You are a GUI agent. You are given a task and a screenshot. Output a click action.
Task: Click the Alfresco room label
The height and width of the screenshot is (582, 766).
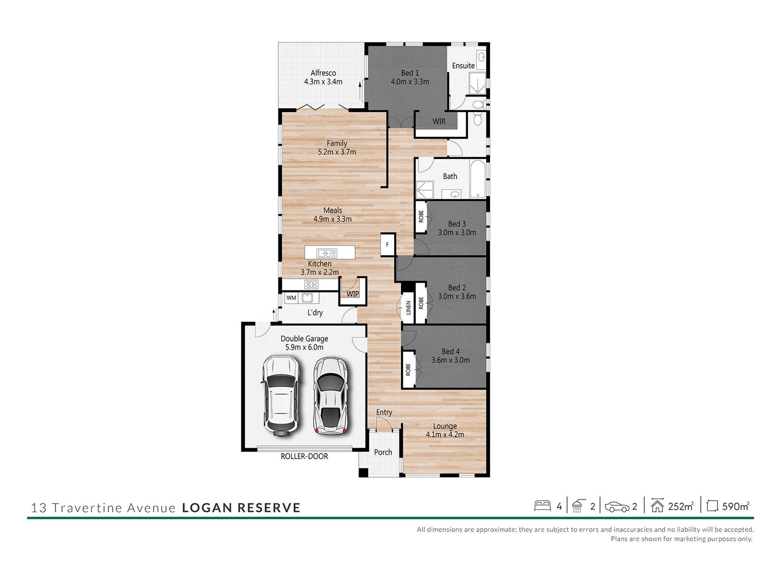click(323, 73)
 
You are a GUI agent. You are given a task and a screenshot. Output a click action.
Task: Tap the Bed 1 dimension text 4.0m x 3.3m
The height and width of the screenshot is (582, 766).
click(410, 82)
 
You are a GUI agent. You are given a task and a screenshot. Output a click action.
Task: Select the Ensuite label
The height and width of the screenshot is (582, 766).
click(463, 66)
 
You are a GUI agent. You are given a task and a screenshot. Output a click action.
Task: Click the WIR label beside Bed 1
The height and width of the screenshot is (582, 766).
click(439, 121)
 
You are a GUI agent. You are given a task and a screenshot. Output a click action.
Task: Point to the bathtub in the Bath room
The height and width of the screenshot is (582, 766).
click(478, 179)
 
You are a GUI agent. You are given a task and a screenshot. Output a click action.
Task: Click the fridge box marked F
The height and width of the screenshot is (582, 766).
click(388, 245)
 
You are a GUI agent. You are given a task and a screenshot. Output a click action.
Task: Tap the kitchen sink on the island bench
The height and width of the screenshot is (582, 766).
click(327, 253)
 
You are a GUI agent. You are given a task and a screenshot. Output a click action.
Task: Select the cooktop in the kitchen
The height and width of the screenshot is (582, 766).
click(311, 285)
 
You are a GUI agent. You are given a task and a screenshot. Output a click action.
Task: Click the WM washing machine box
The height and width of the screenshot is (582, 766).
click(291, 297)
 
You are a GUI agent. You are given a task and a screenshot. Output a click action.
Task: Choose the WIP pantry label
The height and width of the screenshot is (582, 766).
click(353, 294)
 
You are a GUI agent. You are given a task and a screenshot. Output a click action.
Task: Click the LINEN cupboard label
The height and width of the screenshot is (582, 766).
click(408, 308)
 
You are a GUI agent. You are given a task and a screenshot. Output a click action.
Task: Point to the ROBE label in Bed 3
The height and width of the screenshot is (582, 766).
click(421, 217)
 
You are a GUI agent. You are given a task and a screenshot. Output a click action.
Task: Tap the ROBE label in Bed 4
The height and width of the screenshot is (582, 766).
click(408, 369)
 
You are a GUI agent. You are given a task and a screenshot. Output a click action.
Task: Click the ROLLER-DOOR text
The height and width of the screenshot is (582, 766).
click(304, 456)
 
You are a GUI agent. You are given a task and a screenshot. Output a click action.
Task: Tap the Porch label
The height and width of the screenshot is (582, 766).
click(383, 452)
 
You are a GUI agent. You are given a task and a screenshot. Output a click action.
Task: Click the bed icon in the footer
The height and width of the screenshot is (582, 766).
click(542, 506)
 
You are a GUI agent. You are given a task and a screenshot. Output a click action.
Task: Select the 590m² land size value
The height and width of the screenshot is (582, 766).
click(735, 507)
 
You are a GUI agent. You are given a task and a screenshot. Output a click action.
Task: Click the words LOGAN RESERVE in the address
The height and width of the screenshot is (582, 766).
click(241, 508)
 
